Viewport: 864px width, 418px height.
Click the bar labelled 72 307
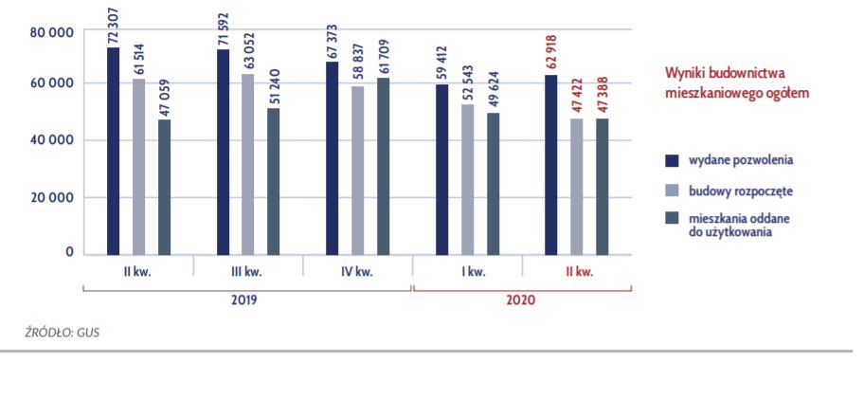[x=114, y=151]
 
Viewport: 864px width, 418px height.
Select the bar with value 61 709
[x=383, y=166]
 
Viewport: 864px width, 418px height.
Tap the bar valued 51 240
[x=273, y=181]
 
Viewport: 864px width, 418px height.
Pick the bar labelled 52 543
[x=467, y=179]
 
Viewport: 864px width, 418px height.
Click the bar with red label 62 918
[x=551, y=164]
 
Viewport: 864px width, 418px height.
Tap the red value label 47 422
[x=576, y=98]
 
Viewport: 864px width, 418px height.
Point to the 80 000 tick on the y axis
[x=53, y=33]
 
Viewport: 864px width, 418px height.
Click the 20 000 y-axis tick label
[x=53, y=198]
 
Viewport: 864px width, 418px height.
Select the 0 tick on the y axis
[x=69, y=252]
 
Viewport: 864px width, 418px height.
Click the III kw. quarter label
[x=248, y=273]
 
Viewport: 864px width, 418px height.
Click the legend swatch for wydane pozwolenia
[x=672, y=158]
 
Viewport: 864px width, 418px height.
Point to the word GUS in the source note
[x=89, y=333]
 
